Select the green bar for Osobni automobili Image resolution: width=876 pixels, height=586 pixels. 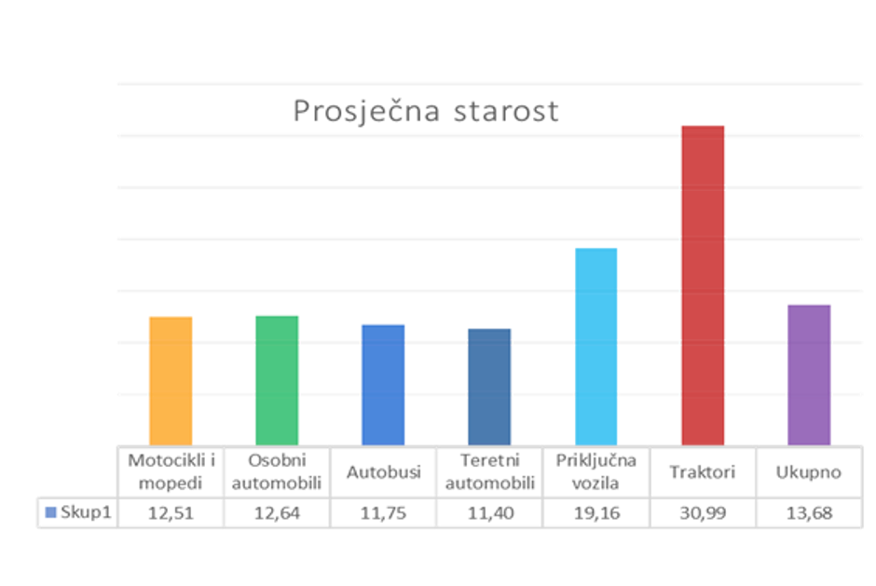coord(277,379)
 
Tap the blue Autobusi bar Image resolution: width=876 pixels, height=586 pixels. coord(383,384)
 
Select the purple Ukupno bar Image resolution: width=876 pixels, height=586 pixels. coord(809,374)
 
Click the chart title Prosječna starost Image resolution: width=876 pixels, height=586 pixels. coord(426,111)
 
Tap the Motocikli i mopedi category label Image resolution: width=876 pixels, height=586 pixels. coord(171,471)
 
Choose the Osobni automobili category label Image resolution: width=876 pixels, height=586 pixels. coord(277,471)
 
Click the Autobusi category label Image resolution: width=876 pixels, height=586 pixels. coord(383,472)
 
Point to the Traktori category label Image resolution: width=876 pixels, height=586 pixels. coord(703,472)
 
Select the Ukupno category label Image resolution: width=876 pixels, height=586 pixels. coord(809,472)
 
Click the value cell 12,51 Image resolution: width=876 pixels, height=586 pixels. coord(171,512)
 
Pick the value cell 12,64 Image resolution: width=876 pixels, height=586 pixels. coord(277,512)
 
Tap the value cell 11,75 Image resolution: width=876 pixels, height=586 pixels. coord(383,512)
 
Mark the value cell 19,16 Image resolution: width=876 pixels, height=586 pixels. coord(595,512)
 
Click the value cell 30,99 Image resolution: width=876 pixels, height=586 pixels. coord(703,512)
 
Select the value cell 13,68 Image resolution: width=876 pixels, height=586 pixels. coord(809,512)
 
